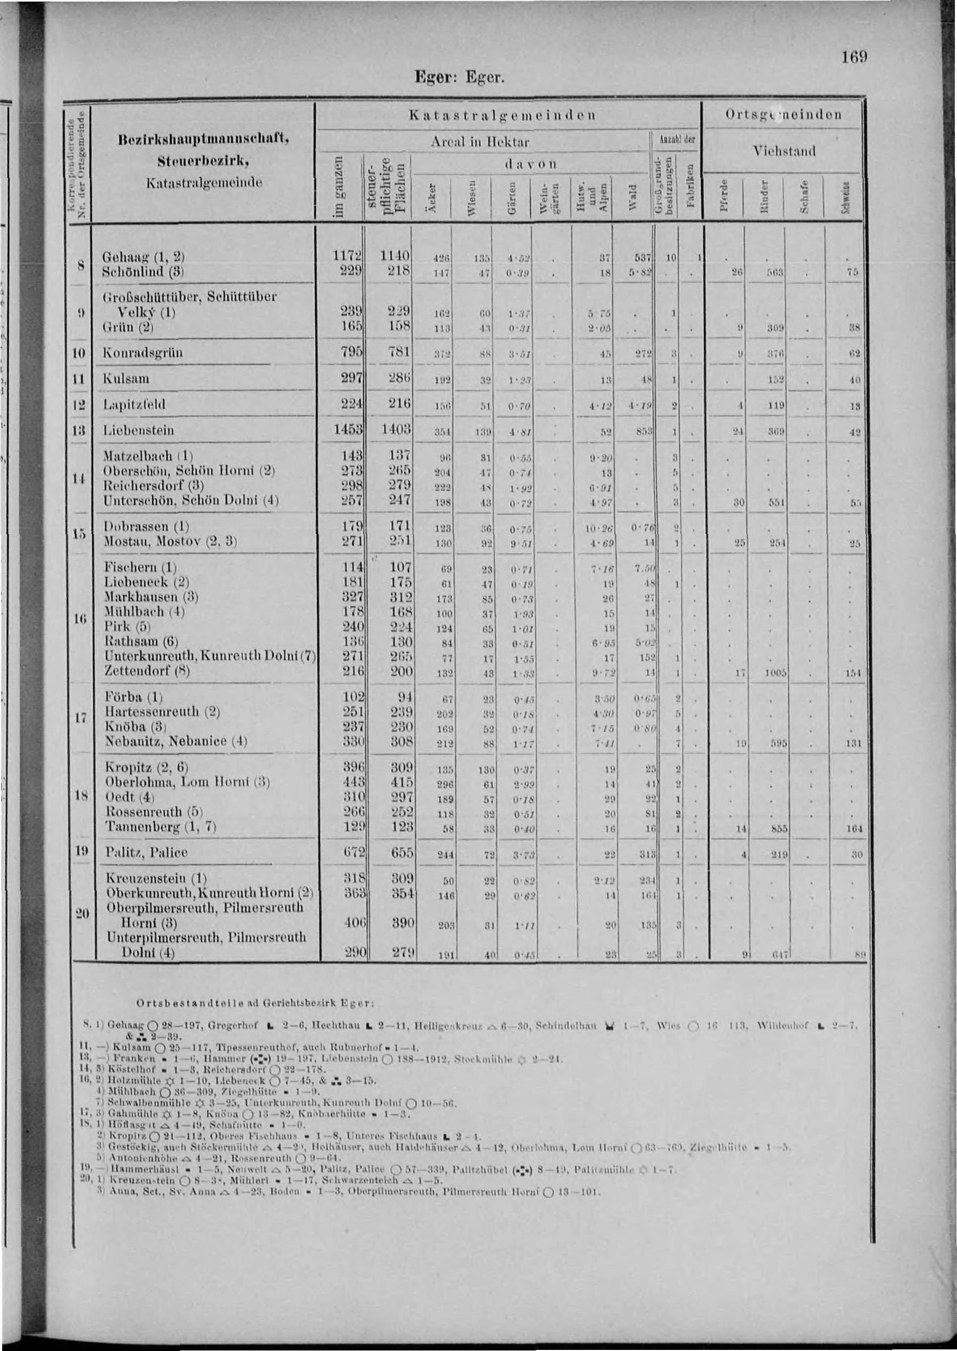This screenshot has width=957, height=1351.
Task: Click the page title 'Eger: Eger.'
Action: point(460,79)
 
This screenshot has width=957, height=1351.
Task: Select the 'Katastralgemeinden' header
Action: point(501,115)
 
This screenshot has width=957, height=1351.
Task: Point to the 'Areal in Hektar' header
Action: point(480,142)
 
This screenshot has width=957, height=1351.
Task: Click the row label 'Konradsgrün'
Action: point(143,354)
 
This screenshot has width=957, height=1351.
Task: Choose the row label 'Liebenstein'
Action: point(138,430)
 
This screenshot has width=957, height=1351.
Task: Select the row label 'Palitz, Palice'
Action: point(146,853)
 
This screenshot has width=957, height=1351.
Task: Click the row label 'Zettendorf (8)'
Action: point(147,671)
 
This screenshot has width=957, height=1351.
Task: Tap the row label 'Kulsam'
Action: point(125,379)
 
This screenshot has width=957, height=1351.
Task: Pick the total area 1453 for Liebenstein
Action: point(348,430)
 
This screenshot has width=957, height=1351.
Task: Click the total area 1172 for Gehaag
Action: point(348,257)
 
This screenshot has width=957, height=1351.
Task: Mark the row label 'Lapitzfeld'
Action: point(135,404)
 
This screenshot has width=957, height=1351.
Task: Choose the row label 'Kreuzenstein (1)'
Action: point(154,878)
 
